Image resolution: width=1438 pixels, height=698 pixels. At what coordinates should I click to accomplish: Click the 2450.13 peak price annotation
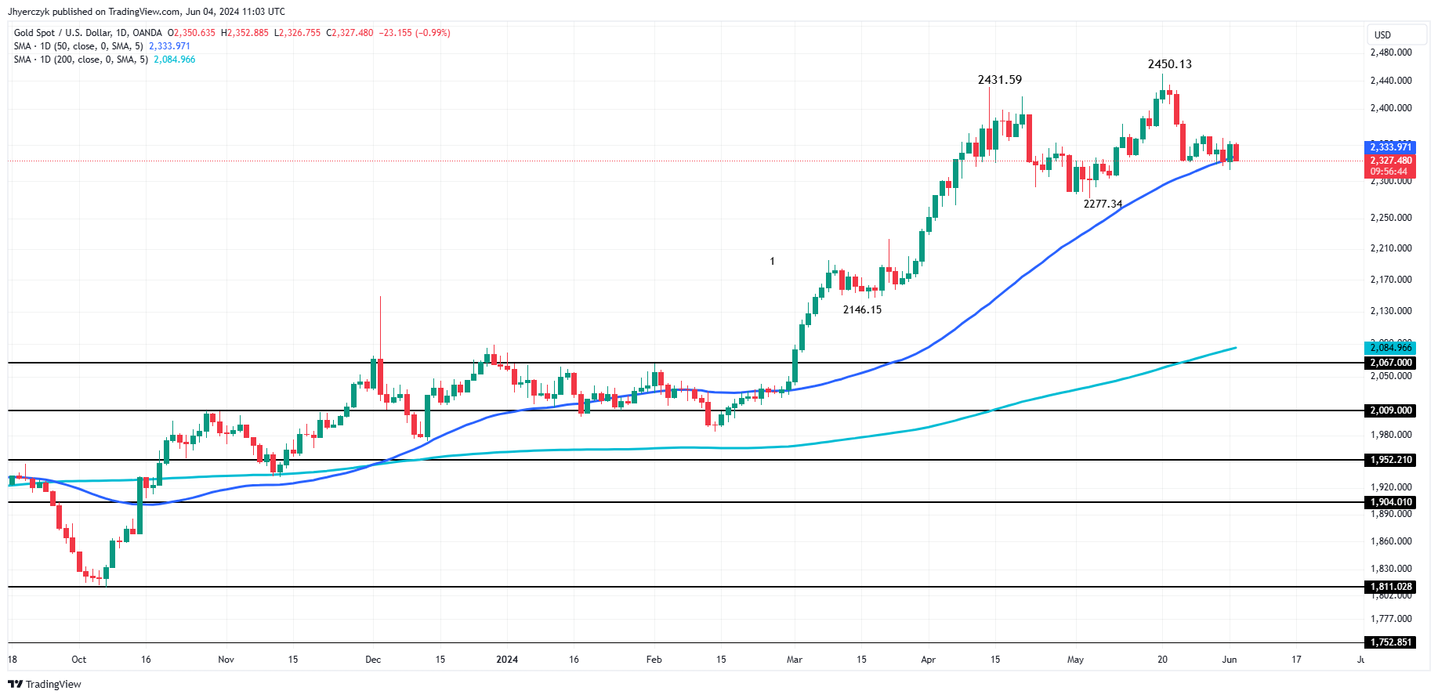[x=1169, y=64]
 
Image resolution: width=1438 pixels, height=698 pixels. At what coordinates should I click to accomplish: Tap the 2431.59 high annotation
[x=999, y=80]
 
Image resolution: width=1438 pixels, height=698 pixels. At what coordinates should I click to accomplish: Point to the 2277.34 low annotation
[x=1103, y=204]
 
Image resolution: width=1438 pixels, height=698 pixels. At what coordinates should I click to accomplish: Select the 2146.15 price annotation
[x=862, y=309]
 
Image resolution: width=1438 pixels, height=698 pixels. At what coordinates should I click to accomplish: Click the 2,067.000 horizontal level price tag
[x=1391, y=363]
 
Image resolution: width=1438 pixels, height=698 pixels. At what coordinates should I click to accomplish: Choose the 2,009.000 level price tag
[x=1391, y=410]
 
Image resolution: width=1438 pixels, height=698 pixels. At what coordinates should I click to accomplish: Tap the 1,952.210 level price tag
[x=1391, y=460]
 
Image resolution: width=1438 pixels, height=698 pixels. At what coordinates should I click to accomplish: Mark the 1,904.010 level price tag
[x=1391, y=502]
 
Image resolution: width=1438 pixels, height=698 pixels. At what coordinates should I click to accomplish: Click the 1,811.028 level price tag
[x=1391, y=587]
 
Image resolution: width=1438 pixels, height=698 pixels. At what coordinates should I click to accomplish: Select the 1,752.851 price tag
[x=1391, y=642]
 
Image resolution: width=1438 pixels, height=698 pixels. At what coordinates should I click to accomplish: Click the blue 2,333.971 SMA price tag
[x=1391, y=147]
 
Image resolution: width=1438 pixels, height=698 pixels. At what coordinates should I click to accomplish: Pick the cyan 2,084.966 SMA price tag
[x=1391, y=348]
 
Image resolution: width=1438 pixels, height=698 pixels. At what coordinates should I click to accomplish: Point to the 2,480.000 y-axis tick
[x=1391, y=52]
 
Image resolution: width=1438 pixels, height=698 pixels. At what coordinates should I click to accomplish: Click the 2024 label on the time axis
[x=507, y=660]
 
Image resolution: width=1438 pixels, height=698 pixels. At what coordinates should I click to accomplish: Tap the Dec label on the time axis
[x=373, y=660]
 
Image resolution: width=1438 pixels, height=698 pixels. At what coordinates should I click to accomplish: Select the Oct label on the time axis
[x=78, y=660]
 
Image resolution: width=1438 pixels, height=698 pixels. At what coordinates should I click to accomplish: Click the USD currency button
[x=1383, y=35]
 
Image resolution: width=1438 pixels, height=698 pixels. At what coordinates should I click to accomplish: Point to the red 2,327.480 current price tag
[x=1391, y=161]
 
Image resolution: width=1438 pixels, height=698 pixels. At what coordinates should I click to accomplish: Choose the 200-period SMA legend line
[x=104, y=60]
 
